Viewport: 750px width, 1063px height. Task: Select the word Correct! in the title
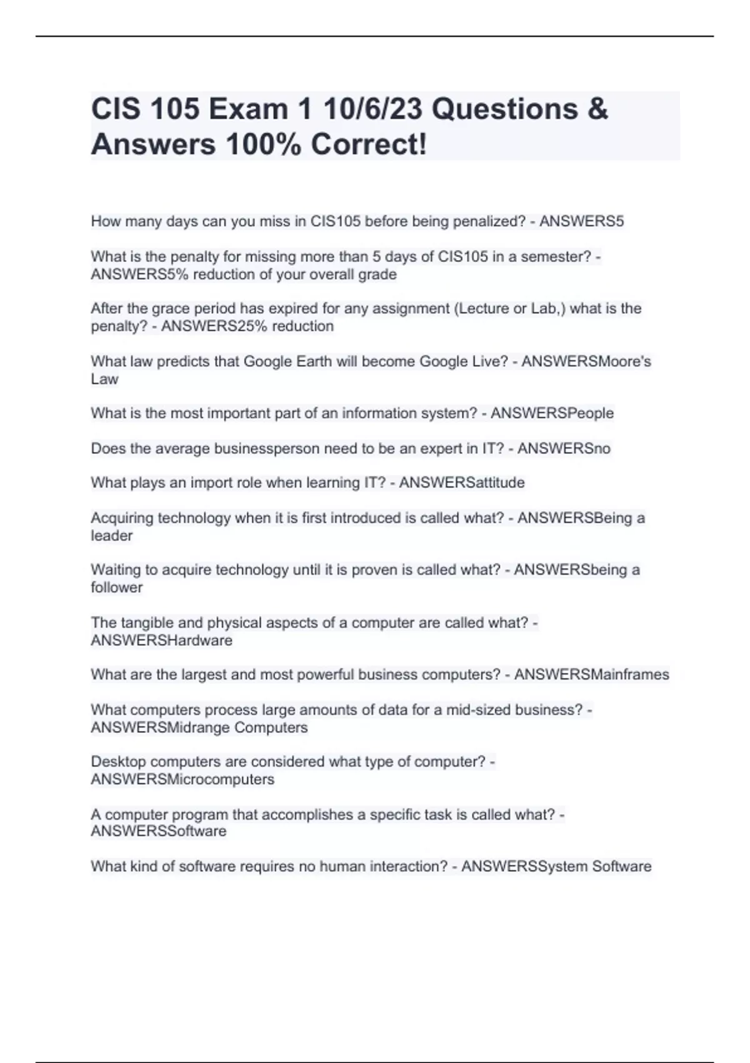point(369,144)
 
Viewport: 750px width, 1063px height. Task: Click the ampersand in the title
point(597,109)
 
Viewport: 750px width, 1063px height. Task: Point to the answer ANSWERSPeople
point(552,413)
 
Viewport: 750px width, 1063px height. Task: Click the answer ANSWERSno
point(564,448)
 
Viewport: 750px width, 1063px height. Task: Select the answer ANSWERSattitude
point(462,483)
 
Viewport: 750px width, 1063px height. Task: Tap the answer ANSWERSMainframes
point(591,675)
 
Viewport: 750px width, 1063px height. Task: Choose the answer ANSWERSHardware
point(161,640)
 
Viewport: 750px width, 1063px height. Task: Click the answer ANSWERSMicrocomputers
point(182,780)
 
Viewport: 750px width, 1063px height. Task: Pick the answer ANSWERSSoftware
point(159,832)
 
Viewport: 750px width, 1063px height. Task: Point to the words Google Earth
point(287,361)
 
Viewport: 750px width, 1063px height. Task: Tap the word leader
point(112,536)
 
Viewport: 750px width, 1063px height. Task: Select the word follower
point(117,588)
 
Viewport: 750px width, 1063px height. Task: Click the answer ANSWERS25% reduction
point(247,326)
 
